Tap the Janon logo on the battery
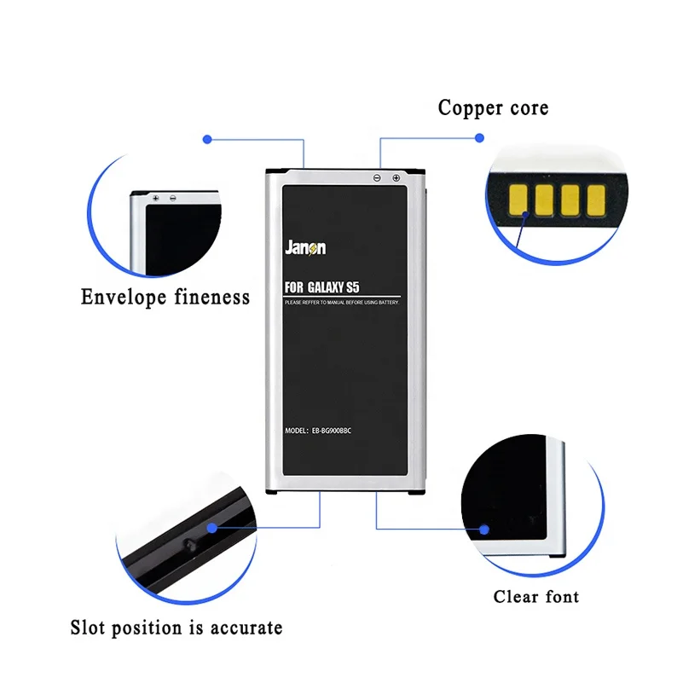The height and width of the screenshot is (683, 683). pyautogui.click(x=304, y=248)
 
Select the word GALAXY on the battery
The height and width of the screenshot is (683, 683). pyautogui.click(x=330, y=290)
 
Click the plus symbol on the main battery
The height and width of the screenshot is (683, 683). pyautogui.click(x=396, y=177)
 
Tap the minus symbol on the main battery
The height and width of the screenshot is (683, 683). pyautogui.click(x=377, y=177)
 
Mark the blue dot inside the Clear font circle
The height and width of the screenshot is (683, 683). pyautogui.click(x=483, y=530)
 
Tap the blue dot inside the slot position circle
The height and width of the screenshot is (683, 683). pyautogui.click(x=210, y=527)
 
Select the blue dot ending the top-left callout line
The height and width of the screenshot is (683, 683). pyautogui.click(x=205, y=138)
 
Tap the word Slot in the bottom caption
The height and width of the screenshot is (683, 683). pyautogui.click(x=90, y=628)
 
